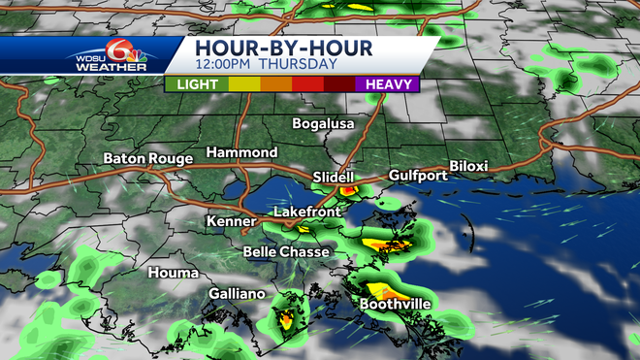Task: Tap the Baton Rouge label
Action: (x=147, y=158)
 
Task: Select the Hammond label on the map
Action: (x=241, y=153)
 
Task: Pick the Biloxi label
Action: (x=468, y=166)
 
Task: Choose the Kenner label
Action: (x=230, y=222)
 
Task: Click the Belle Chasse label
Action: (x=287, y=252)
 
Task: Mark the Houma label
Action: (x=172, y=273)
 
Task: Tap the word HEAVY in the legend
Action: (x=386, y=84)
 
